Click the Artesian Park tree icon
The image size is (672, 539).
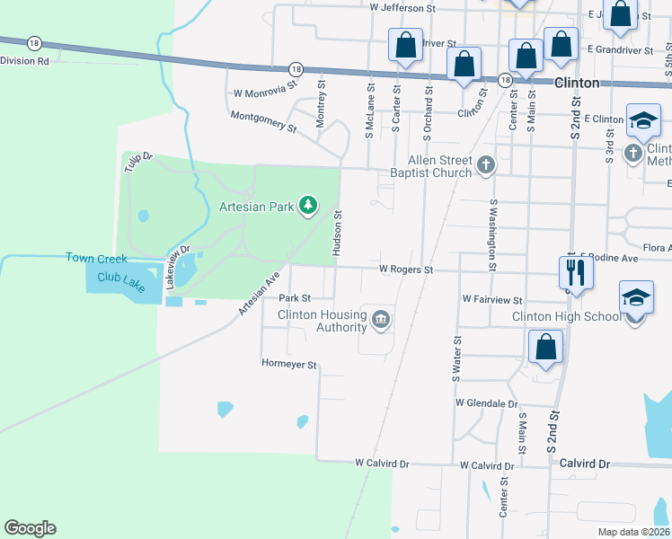[308, 206]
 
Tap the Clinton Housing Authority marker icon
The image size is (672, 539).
[380, 319]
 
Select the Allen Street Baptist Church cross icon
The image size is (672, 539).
[486, 164]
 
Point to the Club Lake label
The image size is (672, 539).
[121, 281]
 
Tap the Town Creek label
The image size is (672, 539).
[92, 258]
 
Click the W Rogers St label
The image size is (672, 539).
[406, 269]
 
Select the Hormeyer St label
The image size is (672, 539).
[289, 365]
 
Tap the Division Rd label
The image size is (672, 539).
[25, 61]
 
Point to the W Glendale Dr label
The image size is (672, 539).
[487, 403]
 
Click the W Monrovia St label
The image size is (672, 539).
[265, 91]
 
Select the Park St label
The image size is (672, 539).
[295, 297]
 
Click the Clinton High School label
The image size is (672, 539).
[566, 316]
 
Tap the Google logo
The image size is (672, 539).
[30, 528]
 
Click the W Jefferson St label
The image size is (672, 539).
[402, 7]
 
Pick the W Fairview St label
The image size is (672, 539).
[492, 298]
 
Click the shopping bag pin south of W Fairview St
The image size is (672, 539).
[545, 347]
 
